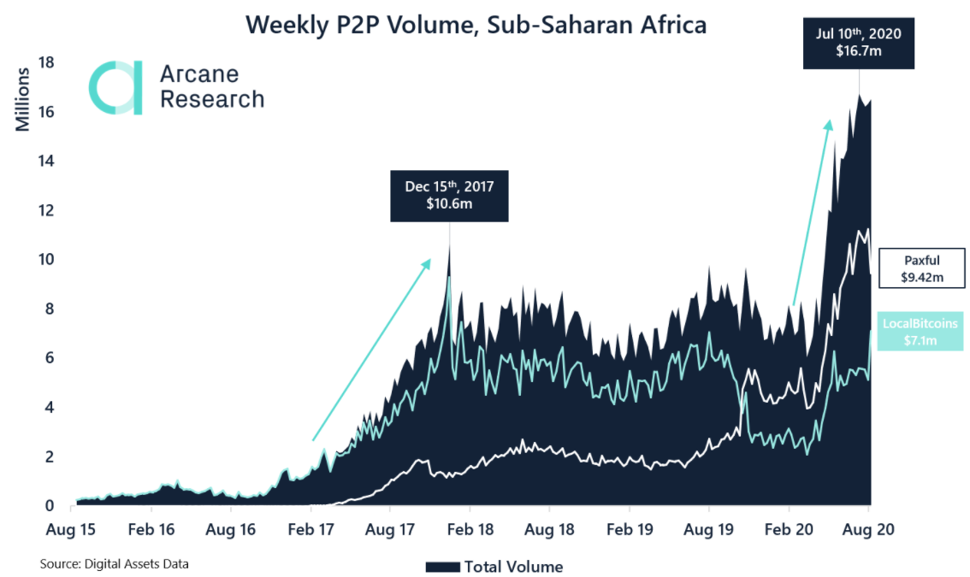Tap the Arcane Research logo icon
[115, 87]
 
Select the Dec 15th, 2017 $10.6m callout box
[449, 197]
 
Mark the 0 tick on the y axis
[51, 505]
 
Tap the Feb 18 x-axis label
[470, 530]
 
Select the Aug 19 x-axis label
[709, 530]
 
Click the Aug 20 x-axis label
[869, 530]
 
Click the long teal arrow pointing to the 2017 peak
[370, 350]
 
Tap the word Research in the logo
[212, 99]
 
